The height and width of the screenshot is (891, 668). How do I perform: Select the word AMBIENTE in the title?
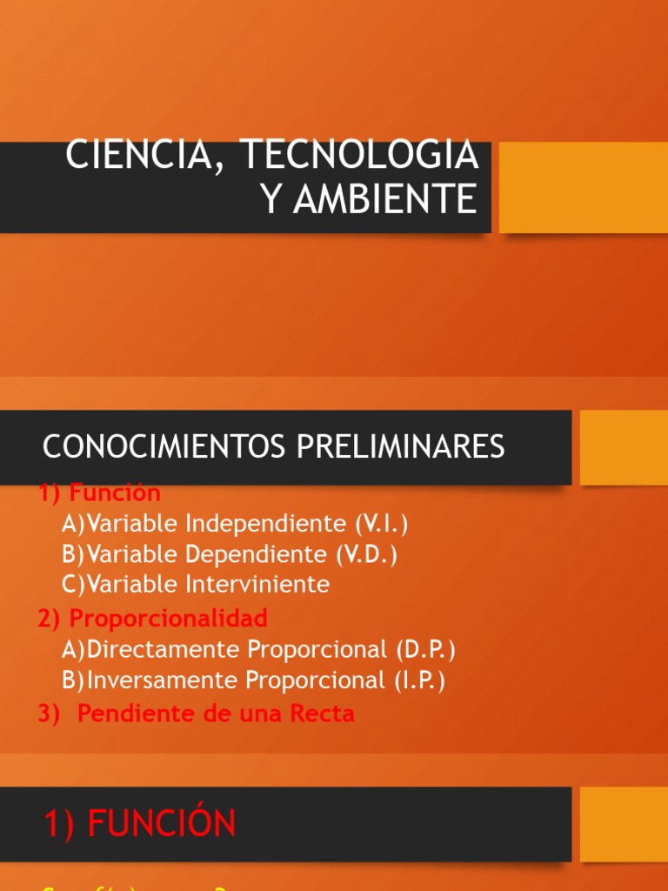tap(384, 199)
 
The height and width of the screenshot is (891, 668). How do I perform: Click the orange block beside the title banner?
tap(583, 187)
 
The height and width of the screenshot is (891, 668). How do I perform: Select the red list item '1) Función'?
tap(99, 492)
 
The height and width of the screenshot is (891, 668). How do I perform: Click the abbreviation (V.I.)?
tap(381, 524)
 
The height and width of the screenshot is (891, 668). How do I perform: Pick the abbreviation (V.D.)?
tap(371, 554)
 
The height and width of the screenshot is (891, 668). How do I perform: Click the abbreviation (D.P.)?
tap(426, 649)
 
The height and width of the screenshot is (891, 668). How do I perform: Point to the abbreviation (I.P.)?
tap(418, 680)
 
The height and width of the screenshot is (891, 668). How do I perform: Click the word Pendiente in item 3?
tap(131, 713)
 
